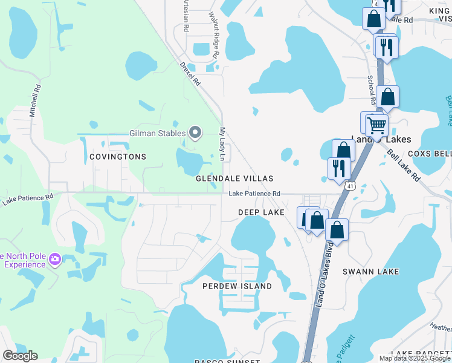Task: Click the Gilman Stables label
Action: [x=157, y=133]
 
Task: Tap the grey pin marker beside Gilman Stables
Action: [x=195, y=132]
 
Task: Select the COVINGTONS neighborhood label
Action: [x=118, y=157]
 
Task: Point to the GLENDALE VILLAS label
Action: [x=234, y=179]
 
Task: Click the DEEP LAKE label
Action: [x=261, y=212]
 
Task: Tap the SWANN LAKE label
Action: [x=370, y=272]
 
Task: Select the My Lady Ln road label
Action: [x=222, y=144]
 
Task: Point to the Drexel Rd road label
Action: [x=189, y=74]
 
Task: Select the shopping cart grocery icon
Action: [x=376, y=126]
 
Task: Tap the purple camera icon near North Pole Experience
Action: [x=55, y=259]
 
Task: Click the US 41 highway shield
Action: [x=350, y=186]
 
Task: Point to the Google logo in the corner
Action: [x=20, y=356]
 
